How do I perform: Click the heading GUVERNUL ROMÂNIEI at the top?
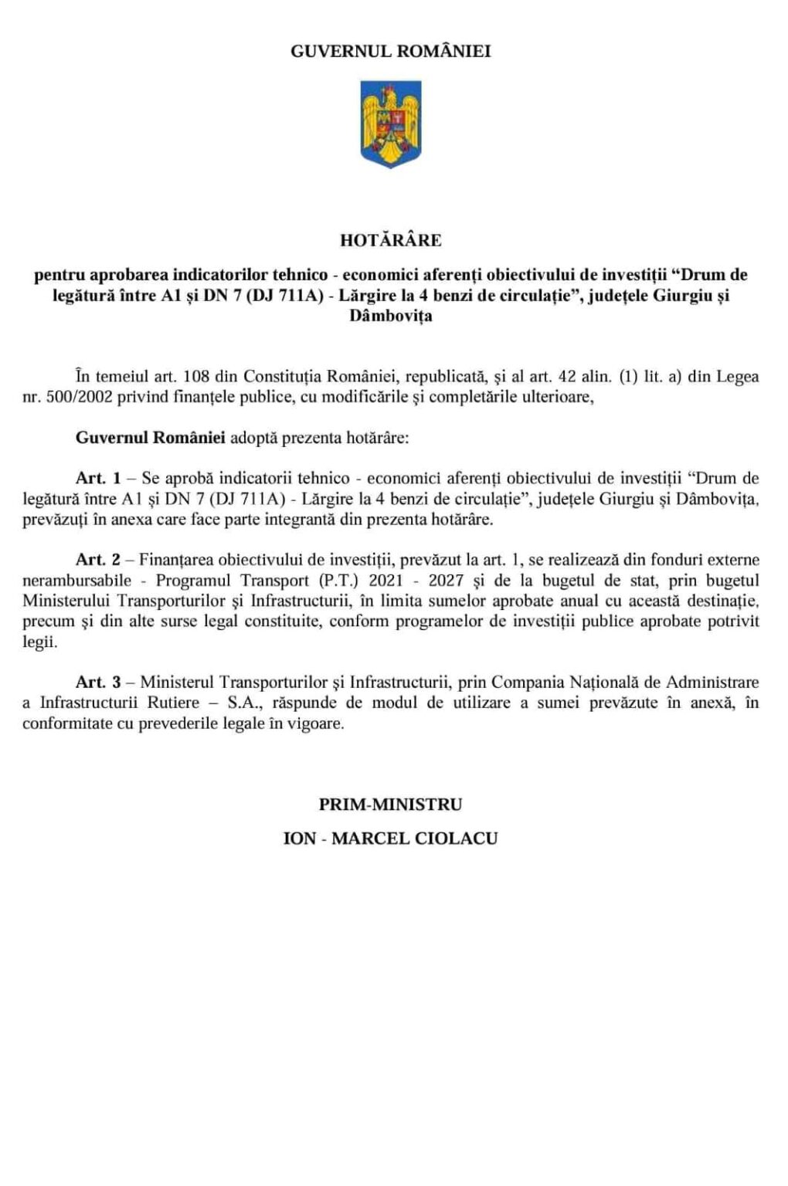point(390,52)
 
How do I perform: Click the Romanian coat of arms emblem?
point(391,124)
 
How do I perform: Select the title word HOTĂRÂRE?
point(390,240)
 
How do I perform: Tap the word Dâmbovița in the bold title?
point(390,316)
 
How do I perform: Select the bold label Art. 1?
point(98,478)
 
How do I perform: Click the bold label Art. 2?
point(98,560)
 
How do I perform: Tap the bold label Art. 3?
point(98,683)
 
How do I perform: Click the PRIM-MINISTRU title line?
point(390,805)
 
